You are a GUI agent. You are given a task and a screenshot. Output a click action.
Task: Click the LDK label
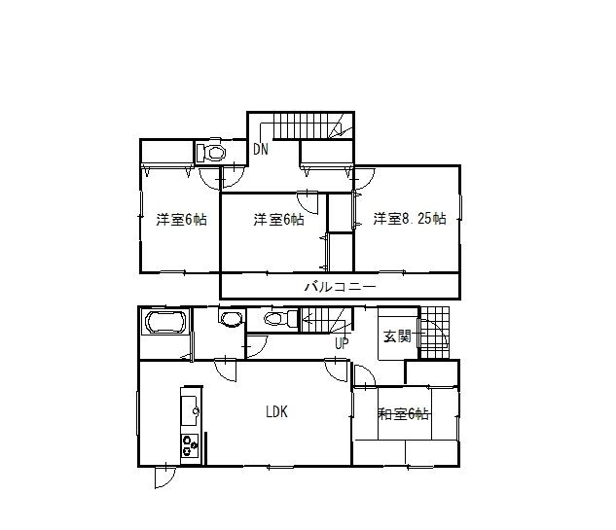point(276,411)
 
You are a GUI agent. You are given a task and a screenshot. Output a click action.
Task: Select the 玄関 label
point(396,337)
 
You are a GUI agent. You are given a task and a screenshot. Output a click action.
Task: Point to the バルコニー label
point(340,286)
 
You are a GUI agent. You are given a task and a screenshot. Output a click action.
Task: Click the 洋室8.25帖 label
point(410,219)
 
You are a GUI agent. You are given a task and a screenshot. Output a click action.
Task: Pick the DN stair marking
point(261,150)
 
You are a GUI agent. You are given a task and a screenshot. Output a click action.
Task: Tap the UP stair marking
point(342,343)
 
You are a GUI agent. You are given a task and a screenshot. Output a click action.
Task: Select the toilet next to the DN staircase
point(212,153)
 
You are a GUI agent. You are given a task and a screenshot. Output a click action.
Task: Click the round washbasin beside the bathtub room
point(231,319)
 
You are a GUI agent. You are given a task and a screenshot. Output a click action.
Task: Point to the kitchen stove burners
point(189,446)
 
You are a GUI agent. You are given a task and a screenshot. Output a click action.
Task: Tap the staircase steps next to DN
point(301,126)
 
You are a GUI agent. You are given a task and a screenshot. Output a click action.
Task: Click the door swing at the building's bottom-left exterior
point(163,477)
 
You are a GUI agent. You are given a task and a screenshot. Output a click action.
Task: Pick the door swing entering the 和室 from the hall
point(363,377)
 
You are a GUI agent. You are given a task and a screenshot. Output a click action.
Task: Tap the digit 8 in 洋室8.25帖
point(406,219)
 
